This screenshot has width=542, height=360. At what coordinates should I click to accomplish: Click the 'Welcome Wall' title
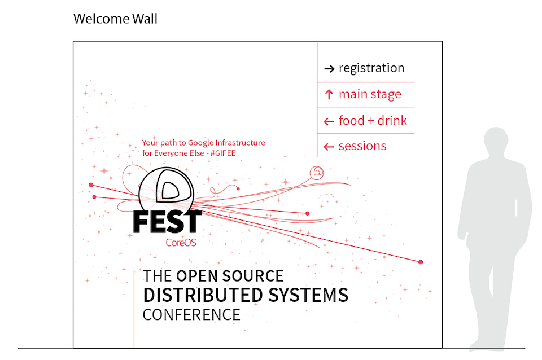[x=115, y=19]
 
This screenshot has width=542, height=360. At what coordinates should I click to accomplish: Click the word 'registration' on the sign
[x=371, y=68]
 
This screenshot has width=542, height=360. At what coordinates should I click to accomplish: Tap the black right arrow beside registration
[x=329, y=69]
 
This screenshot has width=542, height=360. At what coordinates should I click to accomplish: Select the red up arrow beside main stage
[x=329, y=95]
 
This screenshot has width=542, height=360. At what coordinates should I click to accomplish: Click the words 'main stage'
[x=370, y=94]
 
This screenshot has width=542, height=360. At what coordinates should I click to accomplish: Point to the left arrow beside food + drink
[x=329, y=121]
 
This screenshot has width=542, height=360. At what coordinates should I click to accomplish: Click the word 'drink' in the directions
[x=392, y=120]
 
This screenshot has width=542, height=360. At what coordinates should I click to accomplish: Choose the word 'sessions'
[x=362, y=146]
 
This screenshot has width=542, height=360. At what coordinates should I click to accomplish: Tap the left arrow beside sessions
[x=329, y=147]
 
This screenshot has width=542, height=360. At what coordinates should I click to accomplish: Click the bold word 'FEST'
[x=167, y=222]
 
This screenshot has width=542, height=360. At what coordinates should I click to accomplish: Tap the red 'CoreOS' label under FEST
[x=181, y=243]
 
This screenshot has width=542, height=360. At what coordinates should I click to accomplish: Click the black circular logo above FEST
[x=167, y=188]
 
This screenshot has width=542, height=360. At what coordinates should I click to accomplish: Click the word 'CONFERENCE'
[x=191, y=314]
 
